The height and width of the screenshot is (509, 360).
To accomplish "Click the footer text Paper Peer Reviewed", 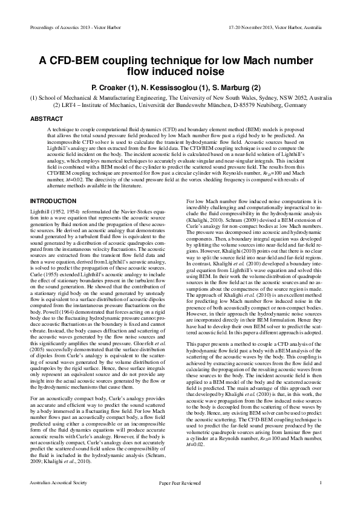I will (179, 482).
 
